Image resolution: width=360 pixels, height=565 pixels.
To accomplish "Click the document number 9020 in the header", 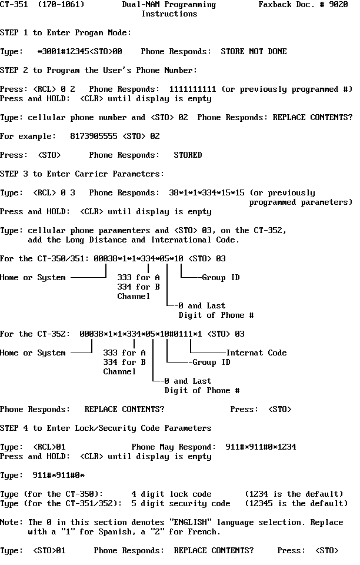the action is point(338,4).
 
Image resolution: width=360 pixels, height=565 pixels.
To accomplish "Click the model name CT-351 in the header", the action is point(14,4).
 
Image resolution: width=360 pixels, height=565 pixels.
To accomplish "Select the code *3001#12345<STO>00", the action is point(80,52).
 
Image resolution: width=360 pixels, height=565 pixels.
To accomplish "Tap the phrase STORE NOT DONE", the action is point(254,52).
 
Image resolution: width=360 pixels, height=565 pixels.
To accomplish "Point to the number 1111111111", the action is point(192,89).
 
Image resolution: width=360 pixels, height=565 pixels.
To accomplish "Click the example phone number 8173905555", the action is point(94,136).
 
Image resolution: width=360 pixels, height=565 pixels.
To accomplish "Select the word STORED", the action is point(188,155).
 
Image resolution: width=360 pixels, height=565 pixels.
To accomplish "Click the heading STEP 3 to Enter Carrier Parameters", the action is point(82,174).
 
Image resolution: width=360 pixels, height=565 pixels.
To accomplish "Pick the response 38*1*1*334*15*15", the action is point(206,193).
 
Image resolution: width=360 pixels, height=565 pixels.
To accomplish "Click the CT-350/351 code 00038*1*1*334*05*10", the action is point(139,258).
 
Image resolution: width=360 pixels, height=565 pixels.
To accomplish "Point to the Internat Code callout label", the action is point(256,353).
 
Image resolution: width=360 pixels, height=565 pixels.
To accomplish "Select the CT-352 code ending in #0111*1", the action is point(141,334).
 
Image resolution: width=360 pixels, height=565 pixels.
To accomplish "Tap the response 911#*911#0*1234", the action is point(261,447).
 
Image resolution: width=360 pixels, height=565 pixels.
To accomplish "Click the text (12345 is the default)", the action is point(296,503).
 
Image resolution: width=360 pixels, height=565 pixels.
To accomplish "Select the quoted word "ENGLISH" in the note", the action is point(191,522).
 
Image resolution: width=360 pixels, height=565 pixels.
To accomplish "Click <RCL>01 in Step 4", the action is point(49,447).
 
